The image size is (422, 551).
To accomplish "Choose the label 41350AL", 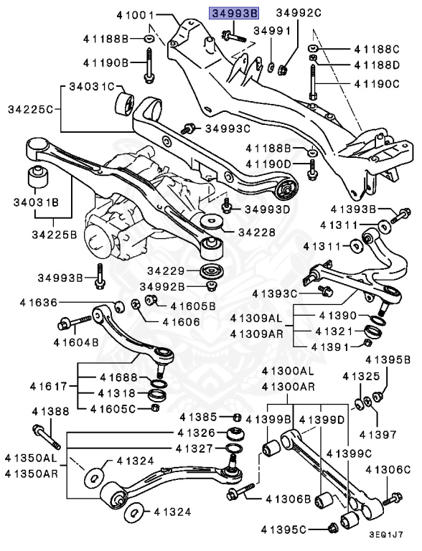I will [30, 457].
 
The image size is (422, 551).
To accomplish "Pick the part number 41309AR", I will [256, 334].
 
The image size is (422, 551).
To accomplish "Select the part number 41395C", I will [301, 529].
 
